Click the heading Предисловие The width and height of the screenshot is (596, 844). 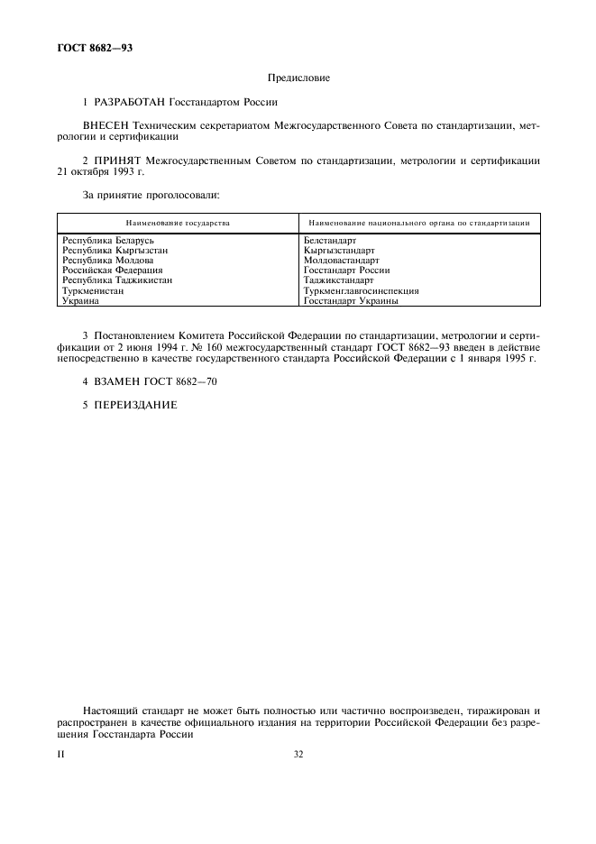298,78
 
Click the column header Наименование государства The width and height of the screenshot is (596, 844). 178,222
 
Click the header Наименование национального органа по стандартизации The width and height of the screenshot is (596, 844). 417,222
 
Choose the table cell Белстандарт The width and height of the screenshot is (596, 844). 331,241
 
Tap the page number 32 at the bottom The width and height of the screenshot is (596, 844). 298,755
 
